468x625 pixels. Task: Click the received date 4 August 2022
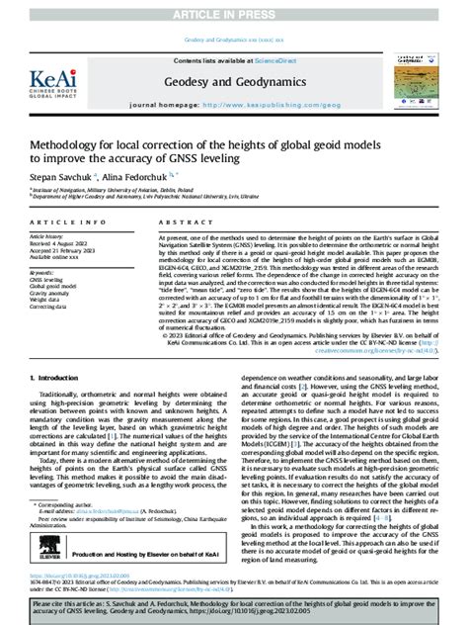(x=71, y=244)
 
